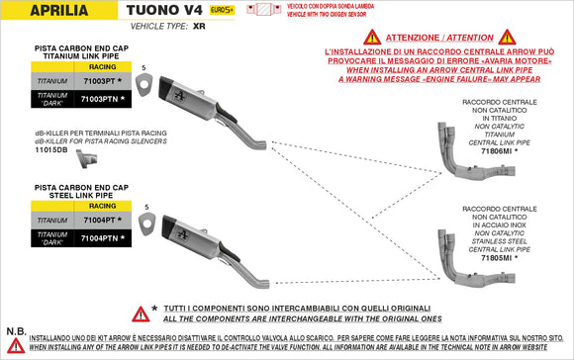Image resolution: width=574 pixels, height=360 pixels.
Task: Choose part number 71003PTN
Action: tap(103, 100)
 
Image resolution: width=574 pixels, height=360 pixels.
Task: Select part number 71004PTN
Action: tap(103, 238)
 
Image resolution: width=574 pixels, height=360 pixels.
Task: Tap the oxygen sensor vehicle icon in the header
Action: tap(265, 10)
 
